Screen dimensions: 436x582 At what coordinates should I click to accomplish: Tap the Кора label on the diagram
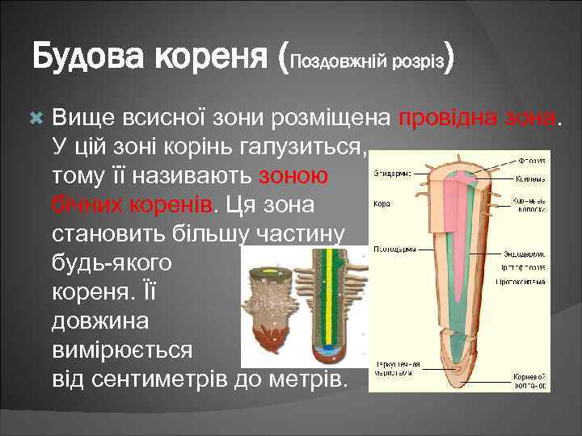[x=382, y=204]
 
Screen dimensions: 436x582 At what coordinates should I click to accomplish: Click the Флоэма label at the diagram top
[x=530, y=161]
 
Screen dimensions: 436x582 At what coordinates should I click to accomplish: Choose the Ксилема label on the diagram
[x=529, y=178]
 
